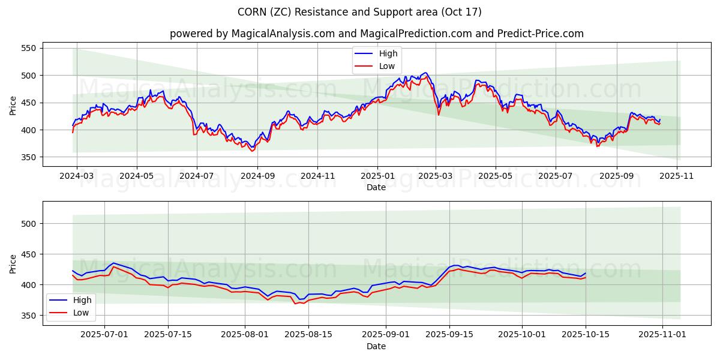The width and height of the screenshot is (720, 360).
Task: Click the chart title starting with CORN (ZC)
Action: pyautogui.click(x=360, y=12)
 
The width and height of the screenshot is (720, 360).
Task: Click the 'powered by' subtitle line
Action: pyautogui.click(x=376, y=34)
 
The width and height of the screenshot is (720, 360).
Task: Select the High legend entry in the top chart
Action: pyautogui.click(x=382, y=54)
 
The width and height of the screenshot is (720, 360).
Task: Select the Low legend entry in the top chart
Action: pyautogui.click(x=382, y=66)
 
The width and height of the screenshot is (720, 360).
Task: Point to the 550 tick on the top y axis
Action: pyautogui.click(x=28, y=48)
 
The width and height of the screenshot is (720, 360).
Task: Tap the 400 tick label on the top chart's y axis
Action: pyautogui.click(x=28, y=130)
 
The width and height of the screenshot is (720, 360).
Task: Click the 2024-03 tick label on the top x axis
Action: pyautogui.click(x=76, y=176)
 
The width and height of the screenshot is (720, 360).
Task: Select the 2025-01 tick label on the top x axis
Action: pyautogui.click(x=377, y=176)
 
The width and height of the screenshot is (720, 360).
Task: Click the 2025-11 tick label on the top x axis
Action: pyautogui.click(x=677, y=176)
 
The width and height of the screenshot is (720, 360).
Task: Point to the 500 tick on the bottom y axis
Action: pyautogui.click(x=28, y=224)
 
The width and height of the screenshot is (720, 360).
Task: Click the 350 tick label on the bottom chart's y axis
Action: pyautogui.click(x=28, y=316)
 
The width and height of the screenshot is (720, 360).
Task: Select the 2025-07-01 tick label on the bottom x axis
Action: pyautogui.click(x=104, y=335)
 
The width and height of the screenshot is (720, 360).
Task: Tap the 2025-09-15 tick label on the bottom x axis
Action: pyautogui.click(x=449, y=335)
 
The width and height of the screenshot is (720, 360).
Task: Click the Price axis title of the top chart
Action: pyautogui.click(x=13, y=105)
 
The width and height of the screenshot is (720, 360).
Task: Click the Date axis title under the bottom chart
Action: pyautogui.click(x=376, y=346)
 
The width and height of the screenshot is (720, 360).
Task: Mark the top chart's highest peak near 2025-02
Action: pyautogui.click(x=425, y=73)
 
